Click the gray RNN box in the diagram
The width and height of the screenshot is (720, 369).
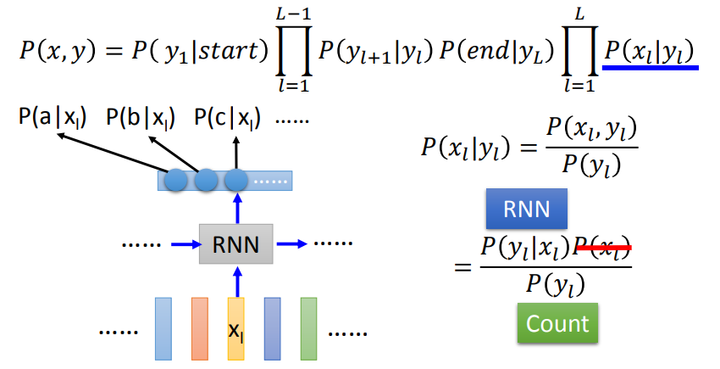coord(236,244)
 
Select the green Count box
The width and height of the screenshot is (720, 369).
coord(557,323)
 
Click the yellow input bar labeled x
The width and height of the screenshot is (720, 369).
coord(236,328)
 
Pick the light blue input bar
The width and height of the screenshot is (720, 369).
coord(163,328)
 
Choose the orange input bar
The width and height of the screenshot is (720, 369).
coord(199,328)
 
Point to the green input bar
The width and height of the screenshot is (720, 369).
coord(308,328)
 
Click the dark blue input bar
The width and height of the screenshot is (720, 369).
coord(272,328)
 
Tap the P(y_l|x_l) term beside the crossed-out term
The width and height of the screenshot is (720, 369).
coord(525,247)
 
